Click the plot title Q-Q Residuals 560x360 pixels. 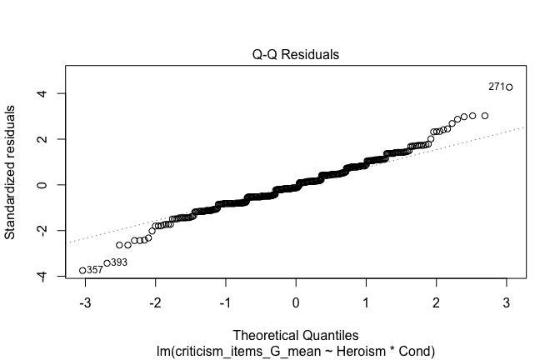296,55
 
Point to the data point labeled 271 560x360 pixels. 508,87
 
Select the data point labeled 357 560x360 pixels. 82,270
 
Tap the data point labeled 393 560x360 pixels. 107,262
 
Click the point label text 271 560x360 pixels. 496,87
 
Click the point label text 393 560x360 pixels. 119,262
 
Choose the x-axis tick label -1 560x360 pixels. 223,302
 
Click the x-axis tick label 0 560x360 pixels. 296,302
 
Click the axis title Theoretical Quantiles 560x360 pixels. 296,334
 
